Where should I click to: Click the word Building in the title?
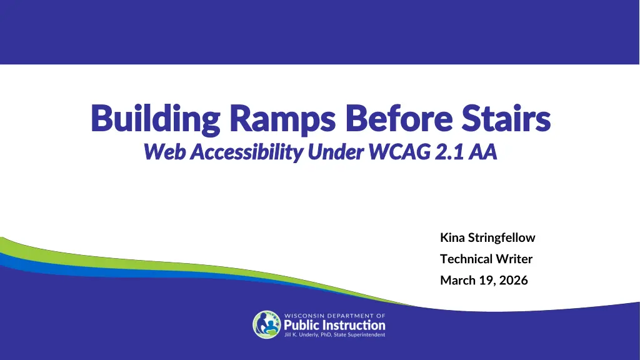[x=156, y=119]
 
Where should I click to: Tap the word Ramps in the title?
[x=282, y=119]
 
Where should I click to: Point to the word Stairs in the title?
[x=506, y=118]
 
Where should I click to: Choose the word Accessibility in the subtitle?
[x=246, y=152]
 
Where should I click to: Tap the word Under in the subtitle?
[x=336, y=152]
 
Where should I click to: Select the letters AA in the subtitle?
[x=482, y=152]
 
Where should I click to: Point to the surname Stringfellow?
[x=502, y=238]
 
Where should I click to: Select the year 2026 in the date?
[x=514, y=280]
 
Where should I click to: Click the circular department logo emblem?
[x=267, y=325]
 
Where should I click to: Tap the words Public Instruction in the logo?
[x=335, y=325]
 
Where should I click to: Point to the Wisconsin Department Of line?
[x=335, y=316]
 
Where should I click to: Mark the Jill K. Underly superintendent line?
[x=335, y=335]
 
